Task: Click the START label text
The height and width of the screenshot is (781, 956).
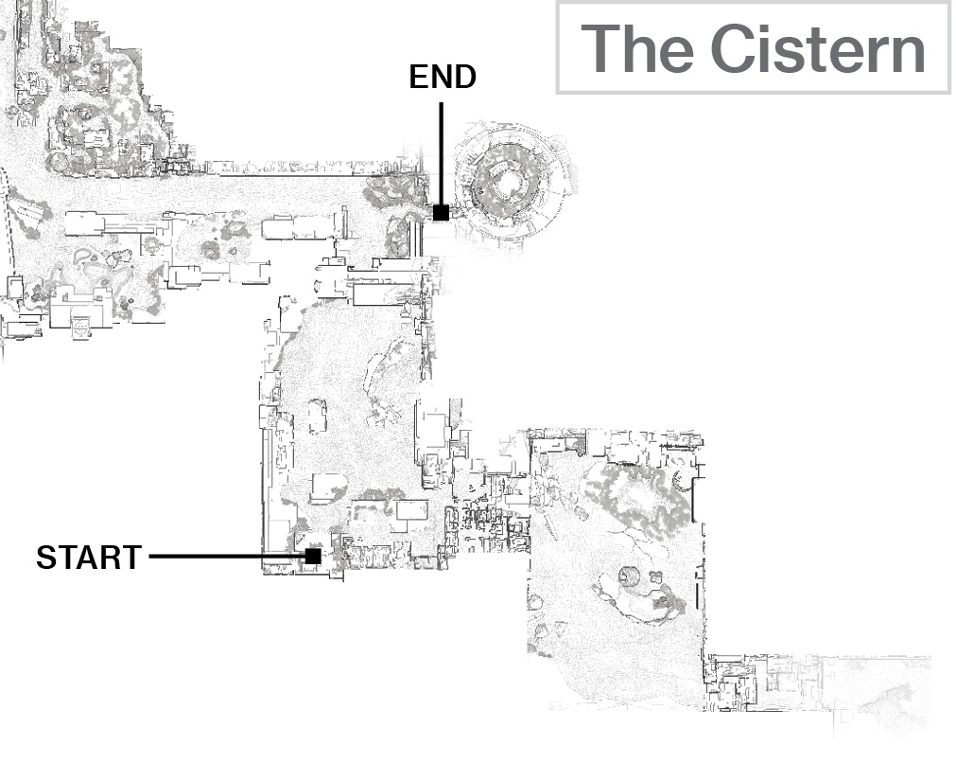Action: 89,557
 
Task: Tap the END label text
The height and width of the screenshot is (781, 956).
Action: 442,77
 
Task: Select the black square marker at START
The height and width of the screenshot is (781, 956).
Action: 313,556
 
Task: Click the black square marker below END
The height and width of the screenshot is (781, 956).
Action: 441,212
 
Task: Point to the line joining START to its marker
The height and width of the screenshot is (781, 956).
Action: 227,557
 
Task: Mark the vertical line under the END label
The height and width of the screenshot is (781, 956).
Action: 441,153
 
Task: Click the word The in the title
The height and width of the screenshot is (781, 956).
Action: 637,48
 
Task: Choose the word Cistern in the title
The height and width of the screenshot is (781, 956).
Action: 818,48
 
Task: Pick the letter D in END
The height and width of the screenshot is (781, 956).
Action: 464,77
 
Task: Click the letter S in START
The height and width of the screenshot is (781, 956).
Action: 46,557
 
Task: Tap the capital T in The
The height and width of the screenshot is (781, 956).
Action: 600,48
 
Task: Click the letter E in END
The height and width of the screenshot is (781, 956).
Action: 418,77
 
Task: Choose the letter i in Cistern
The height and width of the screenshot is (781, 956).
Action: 767,48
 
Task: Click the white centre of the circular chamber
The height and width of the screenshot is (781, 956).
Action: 507,182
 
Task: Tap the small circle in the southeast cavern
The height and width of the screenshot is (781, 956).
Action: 629,576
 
